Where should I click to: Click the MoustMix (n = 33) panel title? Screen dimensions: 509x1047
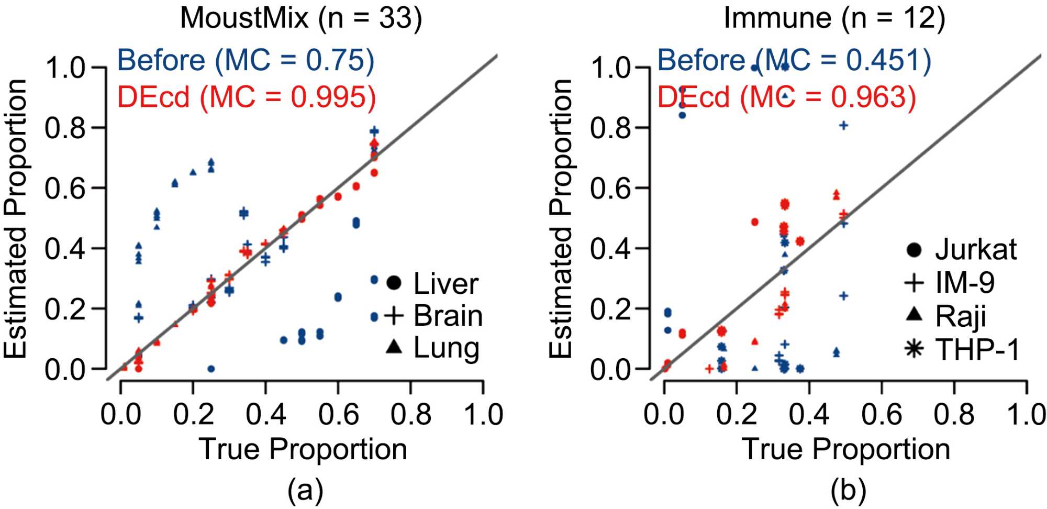tap(301, 18)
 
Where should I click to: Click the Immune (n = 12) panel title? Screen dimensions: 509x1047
tap(834, 18)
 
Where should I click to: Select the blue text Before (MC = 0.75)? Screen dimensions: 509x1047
tap(246, 60)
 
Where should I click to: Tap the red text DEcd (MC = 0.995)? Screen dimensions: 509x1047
tap(246, 97)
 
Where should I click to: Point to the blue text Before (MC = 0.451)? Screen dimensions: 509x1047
tap(794, 60)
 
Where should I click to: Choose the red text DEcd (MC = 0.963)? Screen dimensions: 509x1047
tap(786, 97)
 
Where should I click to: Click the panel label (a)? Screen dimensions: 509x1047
tap(305, 491)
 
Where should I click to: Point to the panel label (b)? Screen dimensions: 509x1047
tap(848, 491)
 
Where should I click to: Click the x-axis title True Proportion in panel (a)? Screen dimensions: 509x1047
tap(303, 449)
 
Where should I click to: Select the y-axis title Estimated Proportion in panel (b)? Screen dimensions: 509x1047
tap(561, 219)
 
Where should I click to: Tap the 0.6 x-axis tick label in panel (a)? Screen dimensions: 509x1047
tap(338, 415)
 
